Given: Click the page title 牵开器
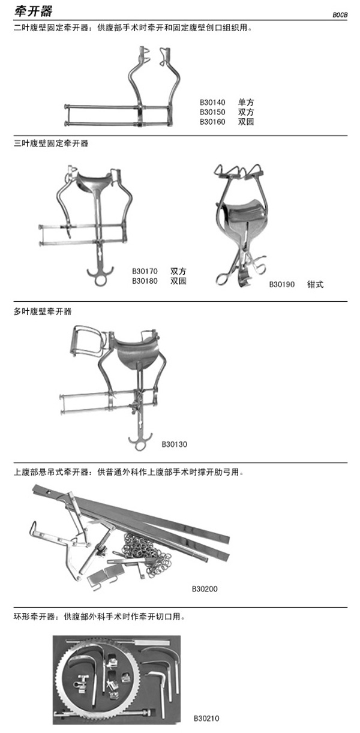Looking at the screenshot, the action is click(33, 11).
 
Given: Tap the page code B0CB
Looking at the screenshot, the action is click(340, 15).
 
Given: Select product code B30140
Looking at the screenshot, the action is click(212, 103).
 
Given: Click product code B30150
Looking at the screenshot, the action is click(212, 112).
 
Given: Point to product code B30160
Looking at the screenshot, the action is click(212, 122).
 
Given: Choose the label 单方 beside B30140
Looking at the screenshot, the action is click(246, 103).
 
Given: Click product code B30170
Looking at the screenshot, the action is click(145, 271).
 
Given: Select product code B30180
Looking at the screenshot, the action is click(145, 281).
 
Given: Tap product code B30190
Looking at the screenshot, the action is click(282, 284).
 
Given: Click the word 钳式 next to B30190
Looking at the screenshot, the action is click(315, 284).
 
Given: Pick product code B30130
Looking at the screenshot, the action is click(175, 444).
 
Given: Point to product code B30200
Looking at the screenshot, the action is click(205, 588).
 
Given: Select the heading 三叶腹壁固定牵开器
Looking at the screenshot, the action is click(51, 143).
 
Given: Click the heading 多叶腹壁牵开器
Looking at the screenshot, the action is click(43, 311).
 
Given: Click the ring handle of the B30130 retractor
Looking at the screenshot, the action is click(140, 446).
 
